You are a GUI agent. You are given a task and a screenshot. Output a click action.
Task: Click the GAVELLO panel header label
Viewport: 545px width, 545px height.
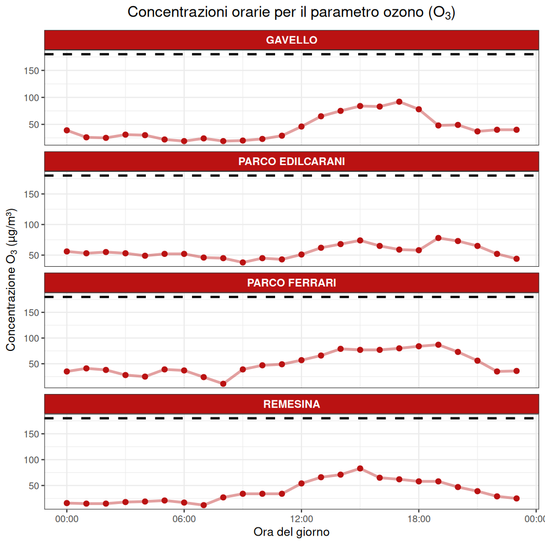click(291, 40)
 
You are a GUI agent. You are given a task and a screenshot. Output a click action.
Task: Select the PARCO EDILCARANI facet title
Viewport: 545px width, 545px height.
click(291, 161)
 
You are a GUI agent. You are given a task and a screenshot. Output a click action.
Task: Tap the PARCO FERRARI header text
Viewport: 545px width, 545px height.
click(291, 283)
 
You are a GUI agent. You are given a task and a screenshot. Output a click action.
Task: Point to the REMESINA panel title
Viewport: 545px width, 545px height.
click(291, 404)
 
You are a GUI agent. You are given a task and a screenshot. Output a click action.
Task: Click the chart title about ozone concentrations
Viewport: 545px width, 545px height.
click(291, 12)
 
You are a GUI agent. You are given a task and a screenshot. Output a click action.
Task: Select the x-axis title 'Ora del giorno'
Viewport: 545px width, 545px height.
click(291, 532)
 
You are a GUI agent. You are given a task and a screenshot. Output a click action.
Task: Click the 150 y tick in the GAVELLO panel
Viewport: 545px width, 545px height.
click(32, 71)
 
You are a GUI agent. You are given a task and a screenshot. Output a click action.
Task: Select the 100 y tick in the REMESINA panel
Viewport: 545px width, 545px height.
click(32, 460)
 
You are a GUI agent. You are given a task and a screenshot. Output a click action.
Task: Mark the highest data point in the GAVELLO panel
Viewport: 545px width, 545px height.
click(399, 102)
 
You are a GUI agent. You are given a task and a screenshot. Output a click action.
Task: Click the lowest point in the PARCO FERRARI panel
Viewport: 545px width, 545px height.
click(223, 384)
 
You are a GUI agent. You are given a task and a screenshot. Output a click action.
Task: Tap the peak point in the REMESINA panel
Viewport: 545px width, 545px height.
click(360, 468)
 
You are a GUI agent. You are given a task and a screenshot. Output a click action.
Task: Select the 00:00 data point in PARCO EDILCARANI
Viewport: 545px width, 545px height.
click(67, 251)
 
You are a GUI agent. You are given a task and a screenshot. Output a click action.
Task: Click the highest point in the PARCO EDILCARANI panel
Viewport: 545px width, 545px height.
click(439, 238)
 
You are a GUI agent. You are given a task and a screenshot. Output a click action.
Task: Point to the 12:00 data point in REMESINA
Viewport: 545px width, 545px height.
click(302, 483)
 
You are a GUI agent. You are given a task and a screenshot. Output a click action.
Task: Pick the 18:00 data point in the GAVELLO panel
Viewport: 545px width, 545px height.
click(419, 109)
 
